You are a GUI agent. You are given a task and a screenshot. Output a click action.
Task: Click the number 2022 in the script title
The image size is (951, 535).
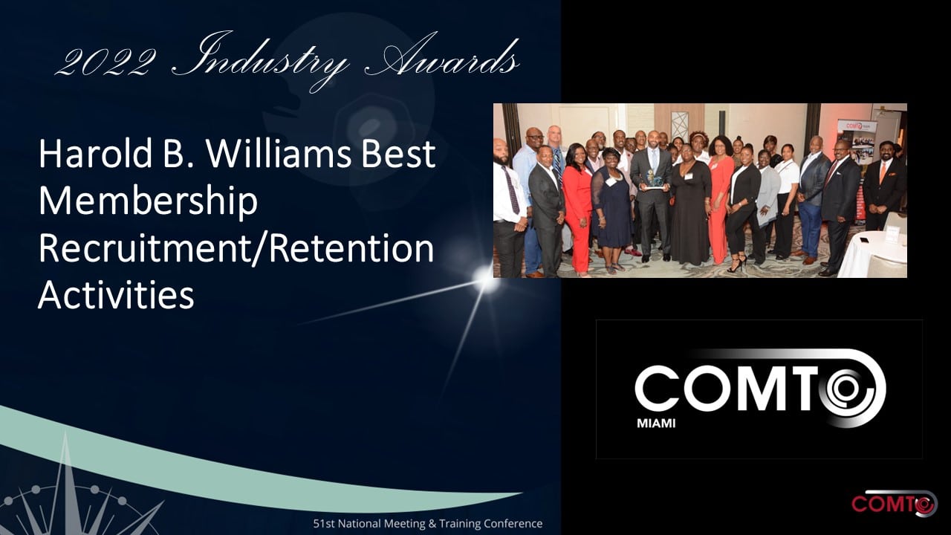106,62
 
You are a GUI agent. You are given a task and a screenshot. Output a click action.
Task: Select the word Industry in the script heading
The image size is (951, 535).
260,60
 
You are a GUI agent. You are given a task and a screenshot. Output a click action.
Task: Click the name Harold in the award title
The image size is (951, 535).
95,153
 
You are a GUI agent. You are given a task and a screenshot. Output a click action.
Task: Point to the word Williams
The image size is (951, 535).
279,153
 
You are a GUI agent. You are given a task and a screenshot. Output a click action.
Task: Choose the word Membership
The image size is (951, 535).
148,202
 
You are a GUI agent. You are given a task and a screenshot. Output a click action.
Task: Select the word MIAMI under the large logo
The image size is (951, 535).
656,424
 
